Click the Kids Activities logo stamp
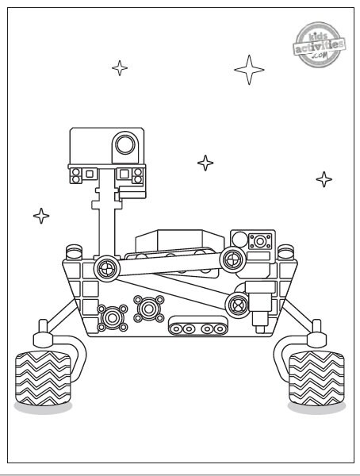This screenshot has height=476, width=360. (x=319, y=44)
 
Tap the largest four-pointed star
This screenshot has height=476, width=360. (x=249, y=70)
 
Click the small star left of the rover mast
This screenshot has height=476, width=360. (x=41, y=216)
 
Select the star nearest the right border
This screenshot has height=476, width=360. (x=324, y=179)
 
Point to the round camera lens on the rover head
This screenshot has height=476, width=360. (x=125, y=144)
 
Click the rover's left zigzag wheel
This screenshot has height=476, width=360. (x=43, y=378)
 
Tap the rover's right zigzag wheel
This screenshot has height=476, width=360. (x=316, y=378)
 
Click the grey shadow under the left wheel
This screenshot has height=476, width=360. (x=43, y=408)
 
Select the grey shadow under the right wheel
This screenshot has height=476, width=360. (x=316, y=408)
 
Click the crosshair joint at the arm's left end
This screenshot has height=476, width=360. (x=107, y=269)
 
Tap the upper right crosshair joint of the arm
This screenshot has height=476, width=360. (x=233, y=260)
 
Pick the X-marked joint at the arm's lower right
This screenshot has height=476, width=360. (x=238, y=305)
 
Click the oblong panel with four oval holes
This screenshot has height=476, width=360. (x=198, y=325)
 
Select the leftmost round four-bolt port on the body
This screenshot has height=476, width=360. (x=113, y=318)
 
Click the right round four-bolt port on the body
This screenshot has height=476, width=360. (x=149, y=309)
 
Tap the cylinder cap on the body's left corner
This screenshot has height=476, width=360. (x=74, y=252)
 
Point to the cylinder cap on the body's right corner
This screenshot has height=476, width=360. (x=285, y=252)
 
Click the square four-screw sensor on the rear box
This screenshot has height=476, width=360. (x=260, y=242)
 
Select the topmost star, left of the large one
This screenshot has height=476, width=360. (x=120, y=68)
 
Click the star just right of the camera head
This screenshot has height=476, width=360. (x=205, y=163)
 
